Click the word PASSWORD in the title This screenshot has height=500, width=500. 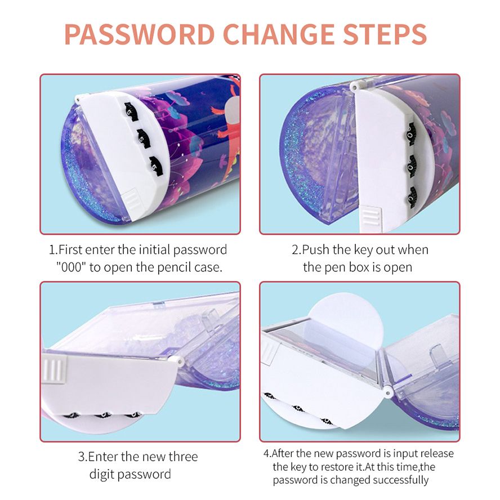140,34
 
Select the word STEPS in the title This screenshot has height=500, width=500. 385,34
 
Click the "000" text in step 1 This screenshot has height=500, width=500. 72,267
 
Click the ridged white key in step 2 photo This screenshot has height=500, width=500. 370,218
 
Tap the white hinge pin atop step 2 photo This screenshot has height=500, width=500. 355,86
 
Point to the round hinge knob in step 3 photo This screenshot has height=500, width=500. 178,362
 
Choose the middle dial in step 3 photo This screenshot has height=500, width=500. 102,415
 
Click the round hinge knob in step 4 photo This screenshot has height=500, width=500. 387,393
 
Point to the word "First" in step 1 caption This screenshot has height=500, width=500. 71,249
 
